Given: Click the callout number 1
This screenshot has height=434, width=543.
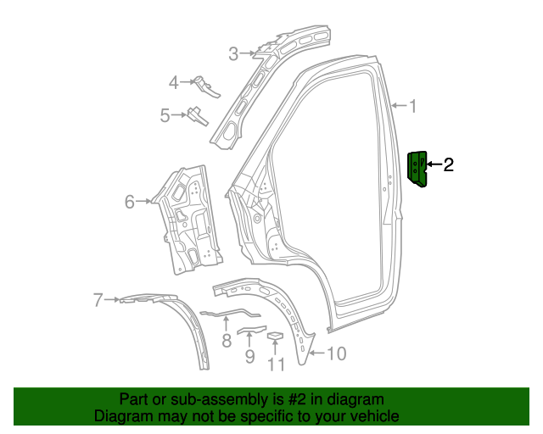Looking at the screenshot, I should [413, 107].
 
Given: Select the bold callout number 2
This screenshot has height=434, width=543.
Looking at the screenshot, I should [448, 164].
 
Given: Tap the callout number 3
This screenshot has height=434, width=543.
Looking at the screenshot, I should [233, 54].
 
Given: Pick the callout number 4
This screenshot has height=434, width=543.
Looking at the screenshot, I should [174, 82].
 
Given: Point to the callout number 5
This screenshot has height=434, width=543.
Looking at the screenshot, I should [165, 114].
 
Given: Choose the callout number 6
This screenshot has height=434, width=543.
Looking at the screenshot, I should [130, 202].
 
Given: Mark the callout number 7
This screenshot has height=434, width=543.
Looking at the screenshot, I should [98, 299].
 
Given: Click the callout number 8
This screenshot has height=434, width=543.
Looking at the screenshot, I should [227, 341].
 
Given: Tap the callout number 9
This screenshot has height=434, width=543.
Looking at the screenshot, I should [249, 356].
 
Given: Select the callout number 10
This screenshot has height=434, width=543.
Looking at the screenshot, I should [336, 353].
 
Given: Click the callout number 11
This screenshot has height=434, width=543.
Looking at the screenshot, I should [276, 364].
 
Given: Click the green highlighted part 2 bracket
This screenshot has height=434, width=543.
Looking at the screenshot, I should [418, 169].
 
